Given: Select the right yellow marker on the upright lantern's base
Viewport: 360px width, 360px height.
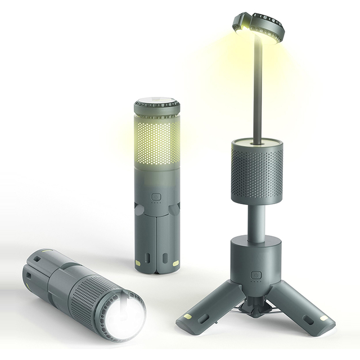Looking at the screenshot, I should (x=175, y=263).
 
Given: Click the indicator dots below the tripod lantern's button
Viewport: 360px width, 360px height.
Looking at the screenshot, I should (x=256, y=286).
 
